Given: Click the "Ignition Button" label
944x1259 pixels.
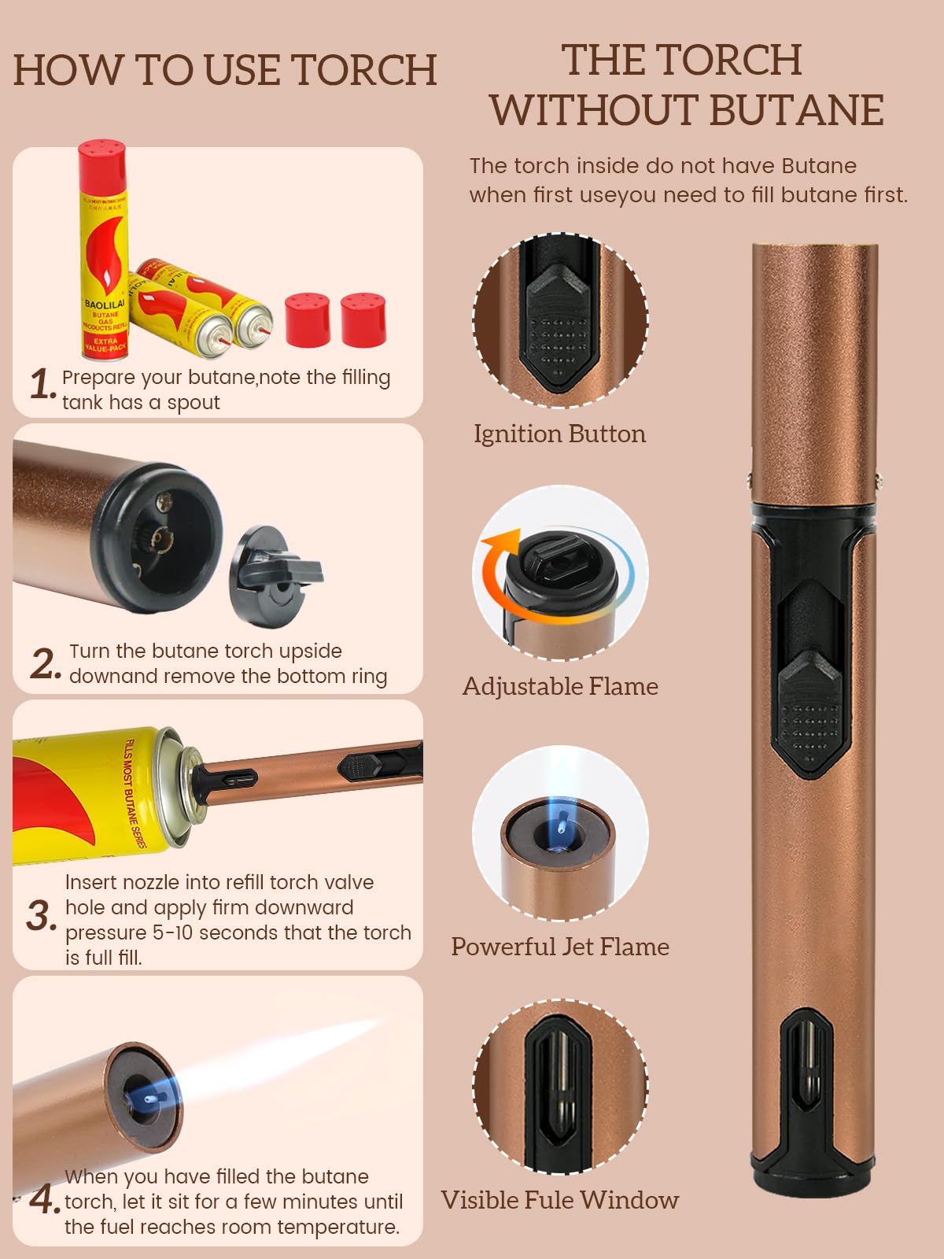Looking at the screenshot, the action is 559,434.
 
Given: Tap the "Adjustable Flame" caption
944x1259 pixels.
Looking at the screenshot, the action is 560,686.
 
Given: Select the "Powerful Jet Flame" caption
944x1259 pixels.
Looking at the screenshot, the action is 560,947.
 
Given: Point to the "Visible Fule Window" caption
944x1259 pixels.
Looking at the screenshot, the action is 559,1200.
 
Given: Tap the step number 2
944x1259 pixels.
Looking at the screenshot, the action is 45,663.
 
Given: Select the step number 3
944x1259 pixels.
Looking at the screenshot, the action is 41,915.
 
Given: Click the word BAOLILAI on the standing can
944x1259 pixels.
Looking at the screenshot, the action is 105,304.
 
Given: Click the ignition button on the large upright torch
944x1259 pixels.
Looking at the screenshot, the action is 810,714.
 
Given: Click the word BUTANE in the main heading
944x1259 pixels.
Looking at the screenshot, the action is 797,110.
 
